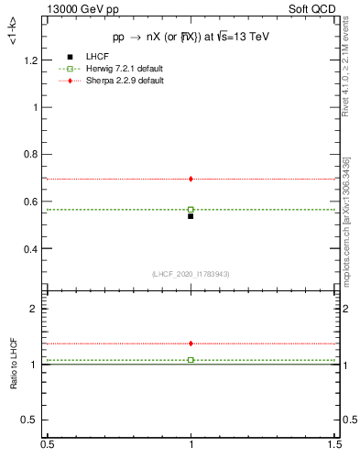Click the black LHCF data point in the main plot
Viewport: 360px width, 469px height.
tap(191, 216)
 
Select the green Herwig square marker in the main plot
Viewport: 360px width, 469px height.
tap(191, 210)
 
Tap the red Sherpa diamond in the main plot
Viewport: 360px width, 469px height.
tap(191, 179)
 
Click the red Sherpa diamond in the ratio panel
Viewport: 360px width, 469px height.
tap(191, 344)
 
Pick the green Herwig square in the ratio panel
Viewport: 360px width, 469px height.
tap(191, 360)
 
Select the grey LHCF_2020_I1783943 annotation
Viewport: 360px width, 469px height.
tap(191, 274)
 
